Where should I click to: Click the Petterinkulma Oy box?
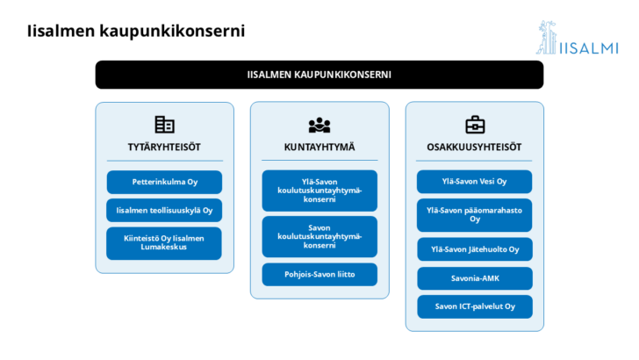point(164,182)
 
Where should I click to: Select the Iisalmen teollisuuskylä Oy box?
point(164,211)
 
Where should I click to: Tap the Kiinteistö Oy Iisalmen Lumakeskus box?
point(164,243)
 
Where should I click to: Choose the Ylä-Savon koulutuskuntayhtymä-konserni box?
point(319,191)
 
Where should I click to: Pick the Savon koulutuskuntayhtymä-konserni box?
point(319,236)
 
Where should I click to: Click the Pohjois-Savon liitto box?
point(319,274)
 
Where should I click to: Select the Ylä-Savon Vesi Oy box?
point(474,182)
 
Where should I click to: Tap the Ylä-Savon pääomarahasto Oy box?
point(474,215)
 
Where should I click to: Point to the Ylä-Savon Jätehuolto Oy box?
point(475,249)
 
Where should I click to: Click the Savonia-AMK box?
point(475,278)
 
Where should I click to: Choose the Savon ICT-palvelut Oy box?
point(475,306)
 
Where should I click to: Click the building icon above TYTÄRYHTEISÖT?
point(165,125)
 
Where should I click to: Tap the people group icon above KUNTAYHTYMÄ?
point(319,126)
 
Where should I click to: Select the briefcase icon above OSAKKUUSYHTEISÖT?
point(475,125)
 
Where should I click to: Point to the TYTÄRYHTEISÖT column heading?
point(164,148)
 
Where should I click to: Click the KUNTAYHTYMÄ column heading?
point(319,148)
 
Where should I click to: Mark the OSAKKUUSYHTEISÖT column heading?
point(474,148)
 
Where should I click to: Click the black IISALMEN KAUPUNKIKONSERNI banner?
point(319,75)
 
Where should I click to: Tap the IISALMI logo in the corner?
point(577,38)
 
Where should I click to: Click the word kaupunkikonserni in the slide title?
point(172,31)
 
